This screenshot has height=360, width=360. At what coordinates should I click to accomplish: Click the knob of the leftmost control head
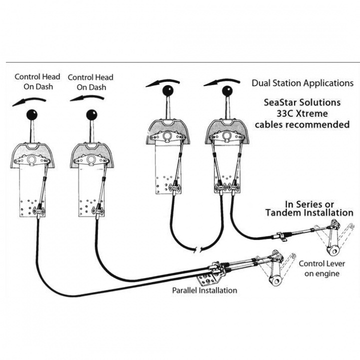[x=33, y=113]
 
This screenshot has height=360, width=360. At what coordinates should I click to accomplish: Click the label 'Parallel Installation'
[x=204, y=290]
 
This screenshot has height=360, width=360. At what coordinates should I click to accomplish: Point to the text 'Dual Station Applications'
[x=302, y=83]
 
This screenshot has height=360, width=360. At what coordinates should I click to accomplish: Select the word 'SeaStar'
[x=281, y=102]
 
